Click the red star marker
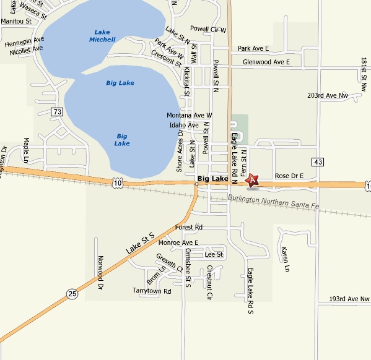251,181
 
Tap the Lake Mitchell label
102,36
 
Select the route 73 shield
58,112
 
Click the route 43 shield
318,162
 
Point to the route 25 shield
72,294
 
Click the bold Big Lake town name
212,179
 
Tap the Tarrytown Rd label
152,291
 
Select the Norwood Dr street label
99,273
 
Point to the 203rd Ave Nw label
328,96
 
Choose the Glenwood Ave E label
266,62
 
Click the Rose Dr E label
289,176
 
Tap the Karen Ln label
285,259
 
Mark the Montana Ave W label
190,116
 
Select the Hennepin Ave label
25,43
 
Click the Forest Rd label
189,228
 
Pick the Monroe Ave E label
178,243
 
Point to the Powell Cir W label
208,29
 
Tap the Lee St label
214,254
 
